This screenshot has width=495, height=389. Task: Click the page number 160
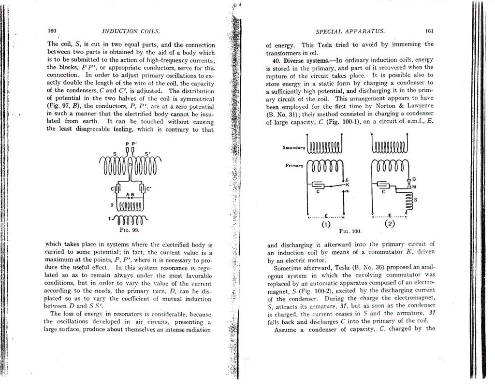52,31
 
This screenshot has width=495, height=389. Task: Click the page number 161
429,31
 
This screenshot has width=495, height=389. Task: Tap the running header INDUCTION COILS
131,31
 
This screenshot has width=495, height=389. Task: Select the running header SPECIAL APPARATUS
350,31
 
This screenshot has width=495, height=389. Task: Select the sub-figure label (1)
325,224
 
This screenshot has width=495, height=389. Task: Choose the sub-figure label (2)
390,224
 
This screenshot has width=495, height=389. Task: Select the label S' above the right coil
148,154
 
